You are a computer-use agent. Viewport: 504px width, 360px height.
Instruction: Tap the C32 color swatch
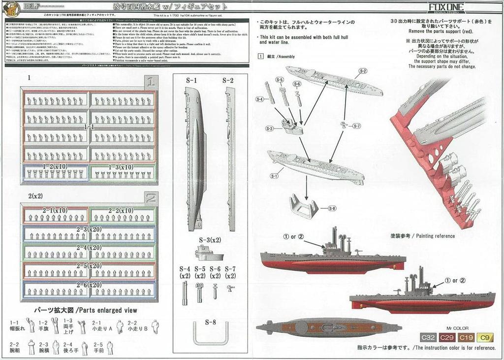click(x=428, y=337)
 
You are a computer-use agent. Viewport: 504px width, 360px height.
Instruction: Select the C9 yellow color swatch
click(x=485, y=337)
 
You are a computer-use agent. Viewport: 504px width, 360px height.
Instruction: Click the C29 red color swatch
click(x=447, y=337)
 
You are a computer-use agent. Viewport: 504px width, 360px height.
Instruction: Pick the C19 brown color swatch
click(x=466, y=337)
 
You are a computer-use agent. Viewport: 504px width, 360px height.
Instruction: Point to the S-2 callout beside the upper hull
click(x=363, y=71)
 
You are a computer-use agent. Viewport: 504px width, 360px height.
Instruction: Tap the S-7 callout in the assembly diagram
click(x=357, y=126)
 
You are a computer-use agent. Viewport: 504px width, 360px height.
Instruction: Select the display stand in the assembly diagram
click(x=303, y=206)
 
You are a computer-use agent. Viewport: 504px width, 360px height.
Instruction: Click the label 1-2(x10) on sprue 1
click(x=55, y=167)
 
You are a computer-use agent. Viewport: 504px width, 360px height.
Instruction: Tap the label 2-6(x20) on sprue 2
click(x=89, y=285)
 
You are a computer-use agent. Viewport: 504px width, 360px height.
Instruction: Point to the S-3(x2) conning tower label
click(x=210, y=240)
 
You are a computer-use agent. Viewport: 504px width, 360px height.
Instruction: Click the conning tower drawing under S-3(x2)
click(x=209, y=254)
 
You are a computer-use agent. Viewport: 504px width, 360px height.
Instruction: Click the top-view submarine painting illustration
click(x=329, y=327)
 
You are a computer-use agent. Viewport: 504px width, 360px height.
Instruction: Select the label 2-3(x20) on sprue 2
click(x=89, y=229)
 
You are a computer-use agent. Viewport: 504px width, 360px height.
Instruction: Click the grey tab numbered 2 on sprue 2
click(x=151, y=198)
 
